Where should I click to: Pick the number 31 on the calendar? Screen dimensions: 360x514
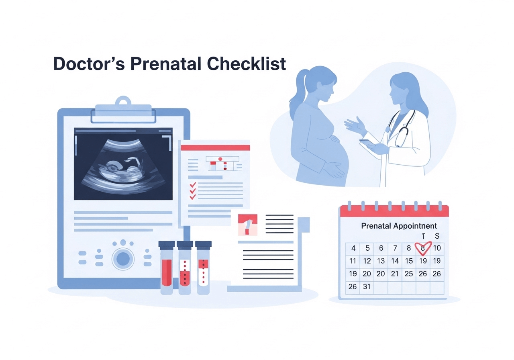coord(367,287)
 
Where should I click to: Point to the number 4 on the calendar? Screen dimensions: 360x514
coord(353,248)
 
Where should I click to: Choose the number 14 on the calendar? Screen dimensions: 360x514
coord(395,261)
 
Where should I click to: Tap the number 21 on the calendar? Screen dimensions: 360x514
coord(395,274)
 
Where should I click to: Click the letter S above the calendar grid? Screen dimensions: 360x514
coord(437,236)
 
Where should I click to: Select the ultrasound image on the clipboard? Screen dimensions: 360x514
coord(123,164)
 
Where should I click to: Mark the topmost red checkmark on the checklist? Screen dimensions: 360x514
coord(193,184)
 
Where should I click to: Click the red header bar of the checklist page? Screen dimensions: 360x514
coord(215,147)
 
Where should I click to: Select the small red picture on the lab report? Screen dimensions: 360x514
coord(247,225)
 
